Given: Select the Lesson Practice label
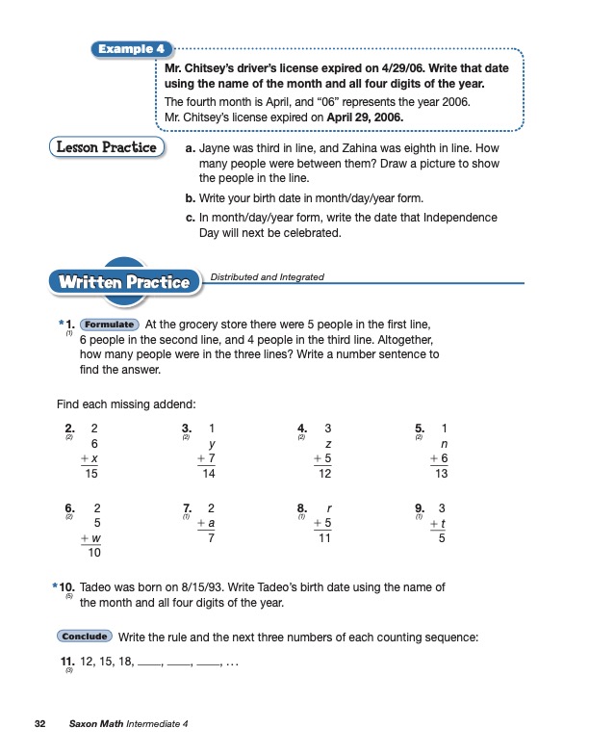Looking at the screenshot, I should point(106,147).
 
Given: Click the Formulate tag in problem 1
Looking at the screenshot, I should point(111,325).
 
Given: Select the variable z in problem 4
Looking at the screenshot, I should point(329,443).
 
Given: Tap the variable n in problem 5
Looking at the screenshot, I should point(445,443).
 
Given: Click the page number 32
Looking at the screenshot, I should point(39,723).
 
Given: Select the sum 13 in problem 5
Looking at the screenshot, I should point(442,474).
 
